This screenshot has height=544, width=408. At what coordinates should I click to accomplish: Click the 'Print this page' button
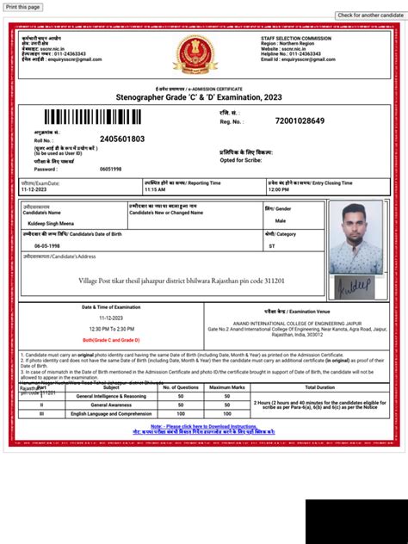click(22, 6)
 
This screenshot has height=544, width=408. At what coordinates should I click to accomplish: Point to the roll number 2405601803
click(122, 139)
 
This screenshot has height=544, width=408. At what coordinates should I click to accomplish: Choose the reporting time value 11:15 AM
click(154, 189)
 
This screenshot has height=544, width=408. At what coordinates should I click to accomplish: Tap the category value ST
click(272, 245)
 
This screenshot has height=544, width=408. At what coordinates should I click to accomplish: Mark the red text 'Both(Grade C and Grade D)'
click(111, 340)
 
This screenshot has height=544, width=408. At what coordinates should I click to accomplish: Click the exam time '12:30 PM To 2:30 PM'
click(111, 329)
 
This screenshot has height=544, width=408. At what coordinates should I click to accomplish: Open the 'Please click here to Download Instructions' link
click(204, 426)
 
